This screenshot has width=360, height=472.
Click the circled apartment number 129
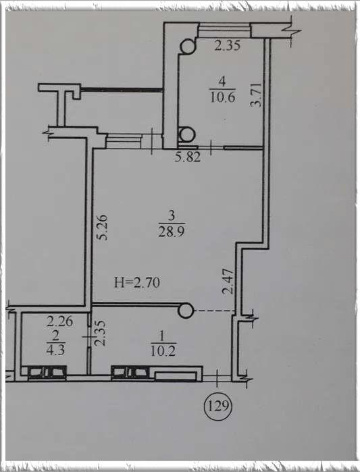point(218,407)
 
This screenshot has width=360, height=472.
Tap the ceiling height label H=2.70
point(137,283)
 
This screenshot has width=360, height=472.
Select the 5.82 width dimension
point(188,157)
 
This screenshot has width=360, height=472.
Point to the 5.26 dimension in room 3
point(102,227)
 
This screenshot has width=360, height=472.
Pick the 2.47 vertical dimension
point(228,281)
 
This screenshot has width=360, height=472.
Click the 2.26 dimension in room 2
point(59,321)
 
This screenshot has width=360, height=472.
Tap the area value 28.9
point(172,232)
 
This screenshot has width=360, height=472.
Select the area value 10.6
point(222,97)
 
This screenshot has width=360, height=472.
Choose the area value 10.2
point(163,351)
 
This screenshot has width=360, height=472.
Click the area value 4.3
point(55,350)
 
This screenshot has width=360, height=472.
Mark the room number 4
point(222,81)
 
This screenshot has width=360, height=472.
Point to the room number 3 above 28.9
point(172,215)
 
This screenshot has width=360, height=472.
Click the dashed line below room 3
point(214,311)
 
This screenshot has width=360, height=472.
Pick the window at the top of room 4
point(225,30)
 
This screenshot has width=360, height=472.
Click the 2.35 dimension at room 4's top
point(227,45)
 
